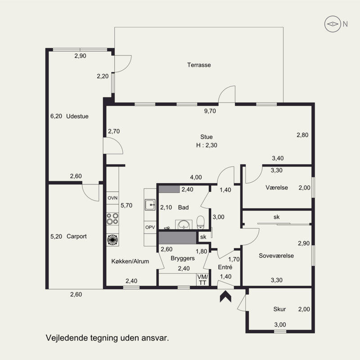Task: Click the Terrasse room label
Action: [199, 65]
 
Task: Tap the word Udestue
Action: [77, 116]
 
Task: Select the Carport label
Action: [76, 236]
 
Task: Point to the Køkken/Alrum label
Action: [130, 261]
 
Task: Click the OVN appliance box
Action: [112, 198]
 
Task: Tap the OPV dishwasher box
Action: [150, 227]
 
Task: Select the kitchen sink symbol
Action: [150, 205]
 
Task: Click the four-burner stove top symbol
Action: [112, 219]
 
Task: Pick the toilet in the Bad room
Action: [200, 222]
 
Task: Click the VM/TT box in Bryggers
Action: [202, 279]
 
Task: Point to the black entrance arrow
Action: [225, 297]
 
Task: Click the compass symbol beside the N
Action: [333, 24]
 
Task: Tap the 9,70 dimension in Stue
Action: [210, 111]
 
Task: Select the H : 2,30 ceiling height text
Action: [207, 145]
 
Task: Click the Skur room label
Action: [279, 309]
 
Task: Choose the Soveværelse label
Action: [276, 256]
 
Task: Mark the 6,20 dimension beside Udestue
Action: [56, 116]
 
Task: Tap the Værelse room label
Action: [277, 188]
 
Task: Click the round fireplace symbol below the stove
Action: [112, 240]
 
